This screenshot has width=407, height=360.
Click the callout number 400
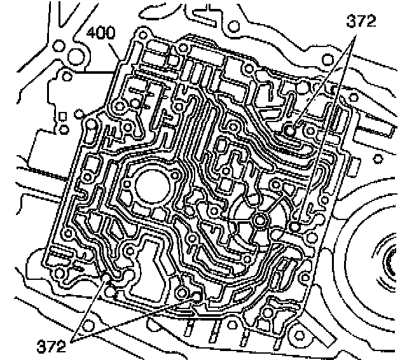[x=100, y=32]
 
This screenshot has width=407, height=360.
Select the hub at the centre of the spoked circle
[x=259, y=220]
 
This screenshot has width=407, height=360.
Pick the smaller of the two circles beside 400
[x=59, y=46]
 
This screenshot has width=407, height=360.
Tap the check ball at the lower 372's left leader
[x=114, y=277]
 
